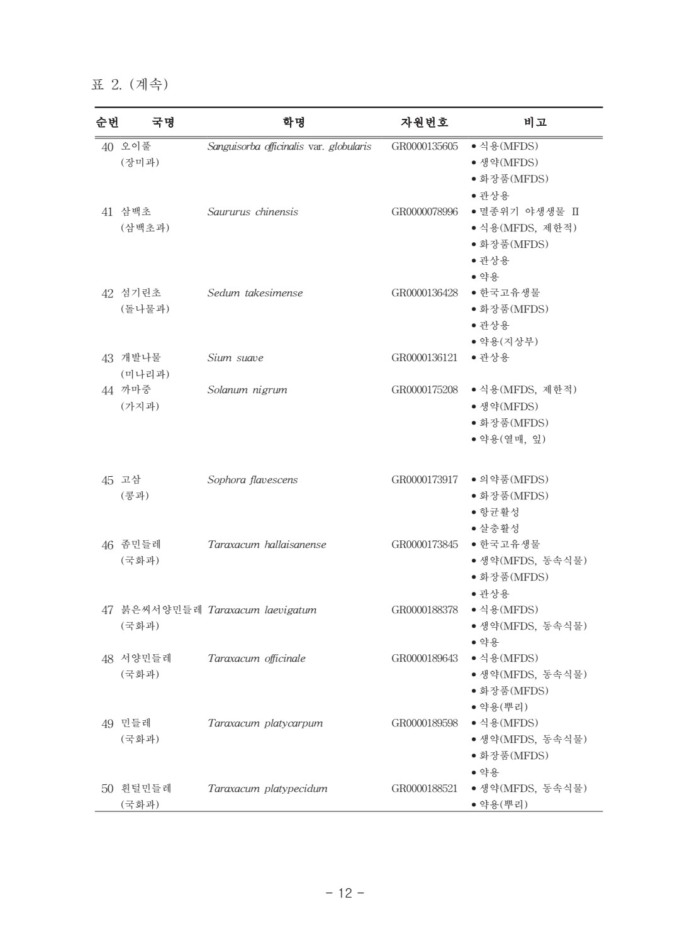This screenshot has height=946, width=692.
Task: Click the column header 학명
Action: pyautogui.click(x=294, y=123)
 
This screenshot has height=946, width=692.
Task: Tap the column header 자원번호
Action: pyautogui.click(x=425, y=123)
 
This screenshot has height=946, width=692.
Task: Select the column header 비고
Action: pyautogui.click(x=535, y=123)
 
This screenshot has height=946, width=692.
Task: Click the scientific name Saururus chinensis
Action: pyautogui.click(x=253, y=212)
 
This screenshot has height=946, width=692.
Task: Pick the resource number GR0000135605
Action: pyautogui.click(x=425, y=147)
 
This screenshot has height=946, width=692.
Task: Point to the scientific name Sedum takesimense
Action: pyautogui.click(x=255, y=293)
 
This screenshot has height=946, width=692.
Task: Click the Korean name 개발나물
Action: pyautogui.click(x=141, y=358)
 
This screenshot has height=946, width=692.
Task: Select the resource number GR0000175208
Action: pyautogui.click(x=425, y=390)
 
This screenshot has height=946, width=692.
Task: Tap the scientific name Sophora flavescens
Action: pyautogui.click(x=253, y=480)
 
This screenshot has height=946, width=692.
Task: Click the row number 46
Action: pyautogui.click(x=108, y=545)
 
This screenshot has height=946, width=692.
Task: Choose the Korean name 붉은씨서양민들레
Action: pyautogui.click(x=162, y=610)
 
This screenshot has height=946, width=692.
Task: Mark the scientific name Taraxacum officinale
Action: pyautogui.click(x=257, y=659)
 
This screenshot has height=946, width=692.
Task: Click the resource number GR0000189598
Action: pyautogui.click(x=425, y=723)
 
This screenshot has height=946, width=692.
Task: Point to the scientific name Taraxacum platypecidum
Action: pyautogui.click(x=267, y=789)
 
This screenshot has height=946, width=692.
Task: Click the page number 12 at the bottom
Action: pyautogui.click(x=345, y=893)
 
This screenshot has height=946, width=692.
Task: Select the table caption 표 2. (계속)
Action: pyautogui.click(x=130, y=84)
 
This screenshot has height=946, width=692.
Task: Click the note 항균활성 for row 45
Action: pyautogui.click(x=499, y=513)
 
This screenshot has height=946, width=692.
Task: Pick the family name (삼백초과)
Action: pyautogui.click(x=145, y=228)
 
